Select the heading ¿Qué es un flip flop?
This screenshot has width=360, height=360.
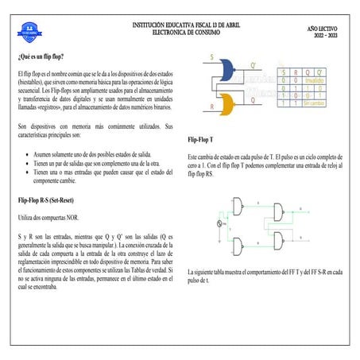[x=41, y=58]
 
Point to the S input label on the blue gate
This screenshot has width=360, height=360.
[x=211, y=57]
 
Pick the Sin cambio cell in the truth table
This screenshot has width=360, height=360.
[x=313, y=103]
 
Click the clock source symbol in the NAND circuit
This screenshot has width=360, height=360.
[x=220, y=225]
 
